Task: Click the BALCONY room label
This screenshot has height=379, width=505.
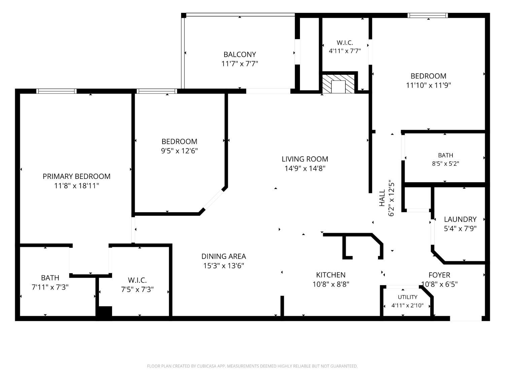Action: point(240,55)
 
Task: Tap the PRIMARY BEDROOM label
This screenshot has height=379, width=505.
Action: point(77,177)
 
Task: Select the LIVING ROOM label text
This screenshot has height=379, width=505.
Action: point(305,159)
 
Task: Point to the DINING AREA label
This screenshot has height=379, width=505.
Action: point(224,256)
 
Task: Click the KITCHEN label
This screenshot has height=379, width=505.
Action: point(331,275)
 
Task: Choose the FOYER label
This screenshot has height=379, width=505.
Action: point(439,275)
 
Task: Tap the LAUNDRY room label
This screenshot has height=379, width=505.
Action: point(460,219)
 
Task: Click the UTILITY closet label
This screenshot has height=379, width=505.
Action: point(407,297)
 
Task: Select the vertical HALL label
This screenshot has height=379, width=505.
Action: point(382,198)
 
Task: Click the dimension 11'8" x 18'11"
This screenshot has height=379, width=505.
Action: point(77,186)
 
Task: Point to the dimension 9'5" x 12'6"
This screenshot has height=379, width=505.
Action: point(179,151)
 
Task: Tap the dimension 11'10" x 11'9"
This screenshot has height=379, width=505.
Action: point(428,85)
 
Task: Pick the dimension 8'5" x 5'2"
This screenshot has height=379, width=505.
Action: point(446,164)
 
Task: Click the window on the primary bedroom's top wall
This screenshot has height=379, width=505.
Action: point(56,91)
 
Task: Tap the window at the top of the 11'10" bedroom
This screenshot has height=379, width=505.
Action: point(428,15)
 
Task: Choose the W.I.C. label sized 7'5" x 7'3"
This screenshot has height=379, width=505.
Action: point(137,280)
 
